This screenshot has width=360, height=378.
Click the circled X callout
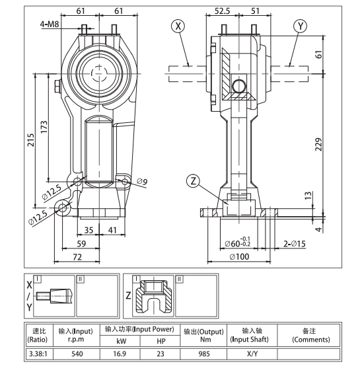tap(178, 26)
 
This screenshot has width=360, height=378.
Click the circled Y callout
tap(301, 26)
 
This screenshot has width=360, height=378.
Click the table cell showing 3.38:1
tap(37, 354)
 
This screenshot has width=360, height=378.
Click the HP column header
tap(161, 340)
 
